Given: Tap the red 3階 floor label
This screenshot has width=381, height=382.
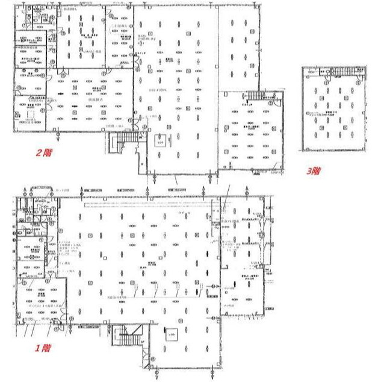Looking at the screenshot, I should (x=312, y=171).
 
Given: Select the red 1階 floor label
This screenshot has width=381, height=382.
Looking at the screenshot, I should (x=42, y=348).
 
